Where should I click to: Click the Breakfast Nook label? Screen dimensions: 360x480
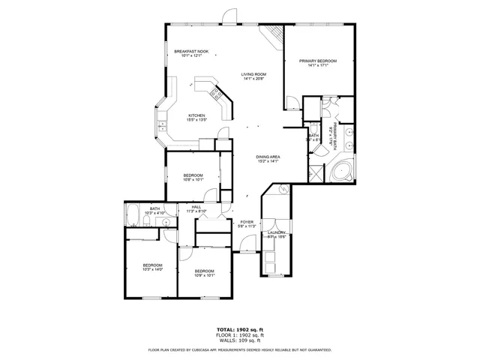(x=191, y=52)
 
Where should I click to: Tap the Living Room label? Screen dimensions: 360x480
(x=253, y=74)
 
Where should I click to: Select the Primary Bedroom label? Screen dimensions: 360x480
(x=317, y=61)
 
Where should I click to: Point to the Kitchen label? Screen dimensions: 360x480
(x=196, y=115)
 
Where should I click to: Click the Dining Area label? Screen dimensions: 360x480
(x=268, y=157)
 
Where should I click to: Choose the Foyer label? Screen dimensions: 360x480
(x=247, y=222)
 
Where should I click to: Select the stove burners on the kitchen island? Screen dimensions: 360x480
(x=216, y=94)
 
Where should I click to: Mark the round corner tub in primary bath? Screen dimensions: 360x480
(x=341, y=170)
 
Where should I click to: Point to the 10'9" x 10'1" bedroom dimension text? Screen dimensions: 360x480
(x=205, y=274)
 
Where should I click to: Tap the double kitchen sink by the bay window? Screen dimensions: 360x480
(x=161, y=124)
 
